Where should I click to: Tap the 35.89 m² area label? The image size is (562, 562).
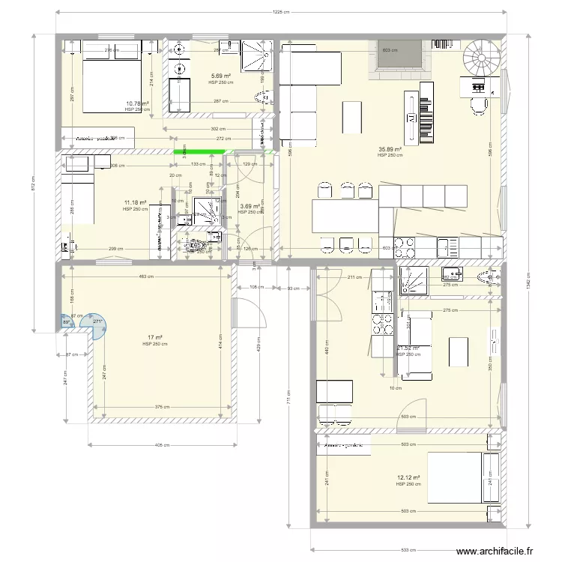(x=390, y=149)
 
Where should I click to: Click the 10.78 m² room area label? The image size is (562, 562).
(x=137, y=104)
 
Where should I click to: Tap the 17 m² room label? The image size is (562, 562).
(x=154, y=338)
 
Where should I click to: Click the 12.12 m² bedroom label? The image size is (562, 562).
(x=408, y=477)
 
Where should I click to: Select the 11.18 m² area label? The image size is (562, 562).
(x=135, y=202)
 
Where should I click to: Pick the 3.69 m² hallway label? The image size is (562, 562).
(x=249, y=207)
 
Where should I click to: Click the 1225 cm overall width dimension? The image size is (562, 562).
(x=281, y=12)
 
